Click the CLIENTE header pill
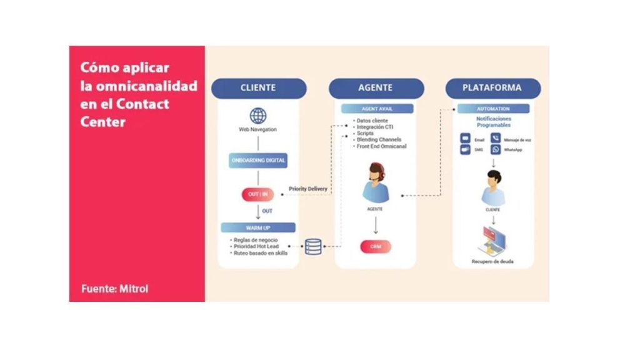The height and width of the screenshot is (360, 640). (258, 88)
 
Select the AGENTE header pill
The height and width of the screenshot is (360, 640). (376, 88)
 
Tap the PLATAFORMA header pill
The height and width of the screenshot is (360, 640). (492, 88)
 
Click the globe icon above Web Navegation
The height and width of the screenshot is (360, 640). (258, 116)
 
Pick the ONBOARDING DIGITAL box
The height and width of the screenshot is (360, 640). (258, 160)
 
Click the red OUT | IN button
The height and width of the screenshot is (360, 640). (257, 194)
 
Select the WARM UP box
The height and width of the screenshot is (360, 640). (258, 227)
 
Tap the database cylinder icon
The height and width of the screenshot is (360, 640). (313, 247)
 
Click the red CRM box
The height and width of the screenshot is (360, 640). (375, 246)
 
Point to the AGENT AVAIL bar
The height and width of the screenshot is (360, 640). (377, 109)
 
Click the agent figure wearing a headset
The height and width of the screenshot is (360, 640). (376, 182)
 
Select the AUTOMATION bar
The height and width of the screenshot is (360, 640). (493, 109)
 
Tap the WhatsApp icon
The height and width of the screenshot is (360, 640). (496, 150)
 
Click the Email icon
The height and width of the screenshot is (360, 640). (466, 139)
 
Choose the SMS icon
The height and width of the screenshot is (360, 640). (466, 150)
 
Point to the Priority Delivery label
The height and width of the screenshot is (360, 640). (307, 189)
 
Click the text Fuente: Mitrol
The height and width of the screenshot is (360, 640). (115, 289)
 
